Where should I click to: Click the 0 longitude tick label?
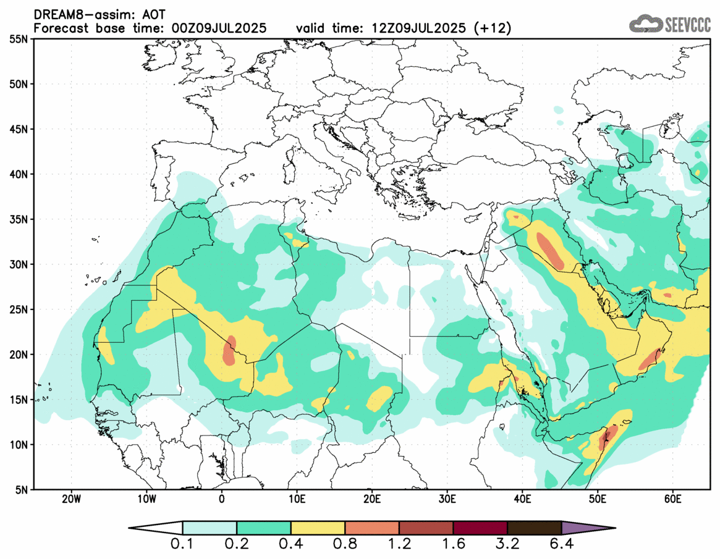222,499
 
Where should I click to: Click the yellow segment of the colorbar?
318,528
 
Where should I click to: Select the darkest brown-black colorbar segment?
534,528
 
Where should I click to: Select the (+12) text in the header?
492,28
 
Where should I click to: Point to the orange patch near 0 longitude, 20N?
230,351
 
